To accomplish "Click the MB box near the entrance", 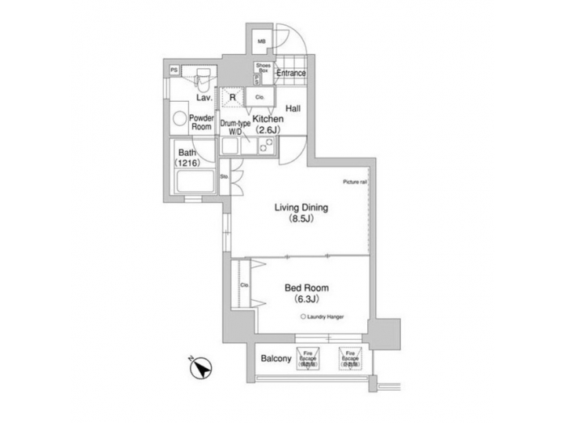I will click(x=262, y=42).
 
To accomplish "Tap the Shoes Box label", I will click(x=261, y=67).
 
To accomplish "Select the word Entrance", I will click(x=290, y=74).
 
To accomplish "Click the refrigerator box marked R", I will click(x=232, y=97).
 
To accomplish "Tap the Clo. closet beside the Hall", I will click(x=259, y=97).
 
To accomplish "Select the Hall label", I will click(x=293, y=108).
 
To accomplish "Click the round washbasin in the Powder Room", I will click(x=178, y=120).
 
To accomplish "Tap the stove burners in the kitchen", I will click(x=265, y=146).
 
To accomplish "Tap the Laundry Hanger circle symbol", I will click(x=303, y=316).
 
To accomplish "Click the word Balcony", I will click(x=276, y=360).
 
